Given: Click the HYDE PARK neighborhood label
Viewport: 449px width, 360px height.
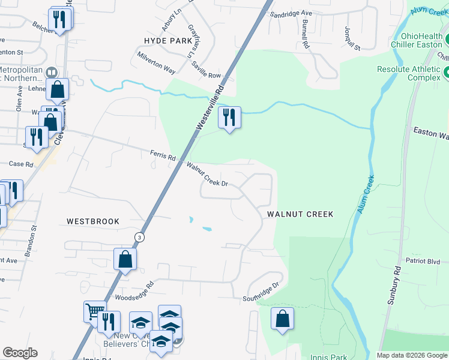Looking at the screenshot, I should point(168,41).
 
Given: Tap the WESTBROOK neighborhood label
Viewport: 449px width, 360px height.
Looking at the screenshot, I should point(93,221).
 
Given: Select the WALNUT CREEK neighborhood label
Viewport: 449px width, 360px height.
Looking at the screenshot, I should point(300,214).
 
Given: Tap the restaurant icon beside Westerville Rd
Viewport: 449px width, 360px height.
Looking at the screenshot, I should point(229,118).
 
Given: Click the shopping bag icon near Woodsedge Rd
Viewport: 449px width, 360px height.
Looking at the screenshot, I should point(125,259).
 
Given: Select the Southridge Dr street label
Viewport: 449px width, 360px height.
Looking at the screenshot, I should point(262,292).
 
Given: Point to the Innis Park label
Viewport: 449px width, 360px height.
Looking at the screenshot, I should point(328,357).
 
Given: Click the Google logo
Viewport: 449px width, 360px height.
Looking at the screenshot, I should point(20,353).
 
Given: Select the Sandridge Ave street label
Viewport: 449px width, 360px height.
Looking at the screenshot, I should point(291,13).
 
